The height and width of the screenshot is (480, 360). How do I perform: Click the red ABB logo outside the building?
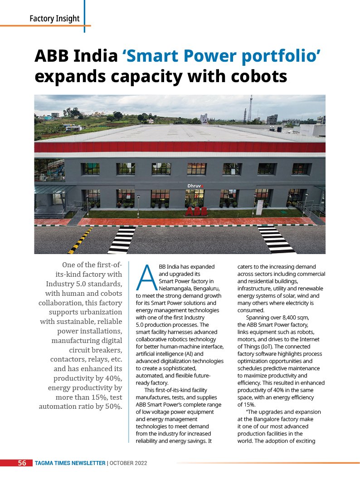pos(194,212)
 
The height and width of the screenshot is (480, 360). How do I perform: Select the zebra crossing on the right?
pos(276,239)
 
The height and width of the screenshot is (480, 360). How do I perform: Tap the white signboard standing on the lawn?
pos(259,207)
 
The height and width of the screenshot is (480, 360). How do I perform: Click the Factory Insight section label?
pos(54,19)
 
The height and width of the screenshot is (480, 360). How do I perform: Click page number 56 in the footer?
pos(22,463)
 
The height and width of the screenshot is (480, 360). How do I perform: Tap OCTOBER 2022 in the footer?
pos(128,463)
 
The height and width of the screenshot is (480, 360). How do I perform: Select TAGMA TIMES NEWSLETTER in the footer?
pos(70,463)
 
